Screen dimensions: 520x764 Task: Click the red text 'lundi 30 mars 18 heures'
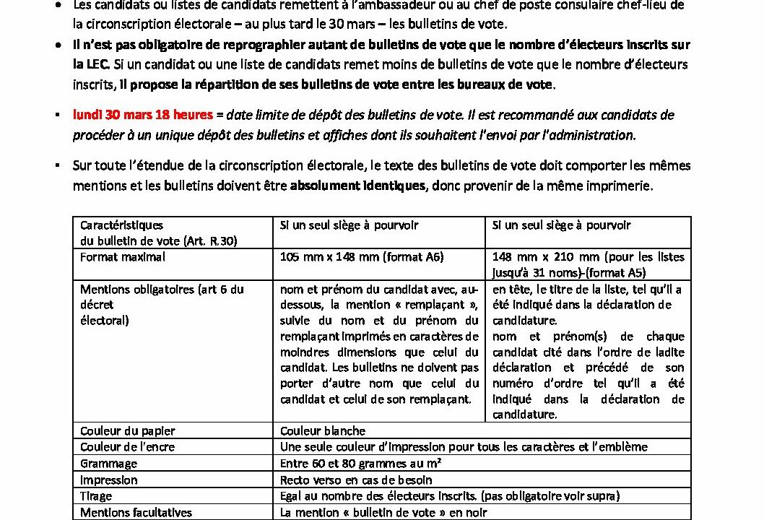(x=143, y=115)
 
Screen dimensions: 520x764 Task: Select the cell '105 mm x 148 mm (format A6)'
(x=361, y=257)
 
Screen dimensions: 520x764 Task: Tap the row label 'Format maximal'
(x=123, y=257)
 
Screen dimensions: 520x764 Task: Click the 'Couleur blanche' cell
(x=323, y=431)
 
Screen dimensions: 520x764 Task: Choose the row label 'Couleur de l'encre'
(x=129, y=447)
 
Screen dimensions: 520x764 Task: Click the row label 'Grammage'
(x=108, y=464)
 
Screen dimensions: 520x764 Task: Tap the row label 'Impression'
(x=109, y=480)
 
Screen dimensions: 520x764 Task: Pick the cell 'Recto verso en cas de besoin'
(x=356, y=480)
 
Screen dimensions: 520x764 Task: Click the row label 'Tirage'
(x=98, y=496)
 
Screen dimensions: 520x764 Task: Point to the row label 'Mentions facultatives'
(x=136, y=512)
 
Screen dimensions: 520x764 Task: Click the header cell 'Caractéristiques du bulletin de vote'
(x=159, y=233)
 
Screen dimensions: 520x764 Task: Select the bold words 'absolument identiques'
(x=358, y=186)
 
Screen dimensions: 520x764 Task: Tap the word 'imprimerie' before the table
(x=622, y=186)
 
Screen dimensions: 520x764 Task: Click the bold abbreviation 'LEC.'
(x=92, y=64)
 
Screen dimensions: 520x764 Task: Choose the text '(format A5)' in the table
(x=617, y=273)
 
